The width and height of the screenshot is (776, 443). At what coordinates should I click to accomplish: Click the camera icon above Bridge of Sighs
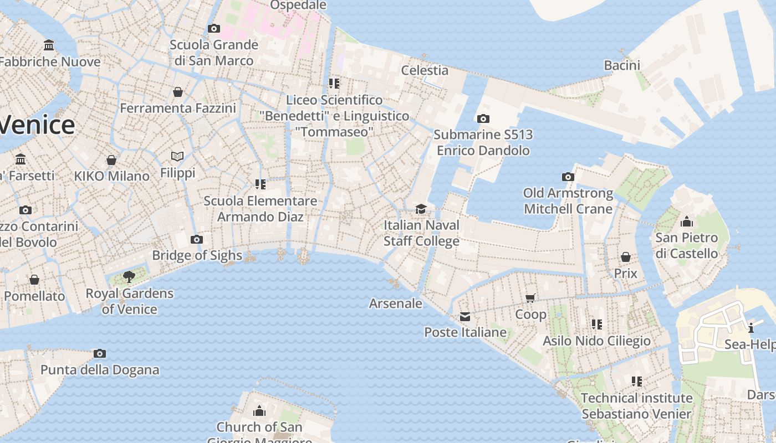tap(196, 240)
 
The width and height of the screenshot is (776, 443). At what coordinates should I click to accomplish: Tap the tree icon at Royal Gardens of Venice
tap(129, 277)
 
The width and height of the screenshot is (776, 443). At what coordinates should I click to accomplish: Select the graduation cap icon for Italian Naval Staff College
tap(421, 209)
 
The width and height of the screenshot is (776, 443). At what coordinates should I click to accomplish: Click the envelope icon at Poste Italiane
tap(465, 317)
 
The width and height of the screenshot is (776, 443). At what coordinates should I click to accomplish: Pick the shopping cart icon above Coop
tap(530, 298)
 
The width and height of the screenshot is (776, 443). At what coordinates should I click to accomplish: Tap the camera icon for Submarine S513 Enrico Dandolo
tap(483, 119)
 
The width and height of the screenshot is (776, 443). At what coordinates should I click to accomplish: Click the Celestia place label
tap(425, 70)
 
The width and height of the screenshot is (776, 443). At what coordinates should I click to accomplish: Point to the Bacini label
tap(622, 65)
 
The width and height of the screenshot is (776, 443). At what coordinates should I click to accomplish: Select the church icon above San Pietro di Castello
tap(687, 221)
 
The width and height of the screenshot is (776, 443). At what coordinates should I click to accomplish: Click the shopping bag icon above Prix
tap(625, 257)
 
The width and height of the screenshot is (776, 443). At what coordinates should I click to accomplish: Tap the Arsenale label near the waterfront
tap(396, 303)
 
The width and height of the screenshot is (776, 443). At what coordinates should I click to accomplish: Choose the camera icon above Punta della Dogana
tap(100, 353)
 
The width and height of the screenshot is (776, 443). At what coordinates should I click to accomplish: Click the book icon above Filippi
tap(177, 157)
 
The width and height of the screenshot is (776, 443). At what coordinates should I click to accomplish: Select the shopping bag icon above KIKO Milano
tap(111, 160)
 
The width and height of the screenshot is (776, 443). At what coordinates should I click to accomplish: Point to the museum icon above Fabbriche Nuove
tap(49, 45)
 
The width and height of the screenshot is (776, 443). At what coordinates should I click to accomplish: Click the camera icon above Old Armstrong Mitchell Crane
tap(568, 177)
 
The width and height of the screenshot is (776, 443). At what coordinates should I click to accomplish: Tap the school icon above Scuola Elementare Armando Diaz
tap(260, 184)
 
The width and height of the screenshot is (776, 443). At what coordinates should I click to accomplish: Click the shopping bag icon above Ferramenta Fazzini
tap(178, 92)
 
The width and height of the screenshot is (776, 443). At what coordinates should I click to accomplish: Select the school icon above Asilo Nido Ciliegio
tap(596, 324)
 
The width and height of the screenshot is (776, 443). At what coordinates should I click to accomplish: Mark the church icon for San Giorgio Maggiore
tap(259, 411)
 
